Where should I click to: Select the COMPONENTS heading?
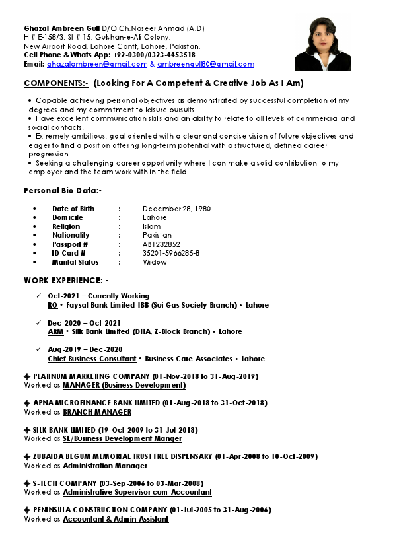[56, 83]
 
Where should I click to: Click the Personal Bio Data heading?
[63, 191]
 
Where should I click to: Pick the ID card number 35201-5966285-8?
[171, 253]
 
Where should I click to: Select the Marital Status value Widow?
[155, 262]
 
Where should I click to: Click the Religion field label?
[66, 226]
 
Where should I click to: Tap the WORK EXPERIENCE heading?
[66, 281]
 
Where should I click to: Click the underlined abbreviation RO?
[52, 306]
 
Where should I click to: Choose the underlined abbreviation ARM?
[55, 332]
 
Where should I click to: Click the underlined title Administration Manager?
[105, 466]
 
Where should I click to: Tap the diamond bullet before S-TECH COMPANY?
[27, 483]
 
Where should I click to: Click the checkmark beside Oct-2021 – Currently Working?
[39, 296]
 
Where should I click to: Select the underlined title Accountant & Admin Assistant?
[116, 519]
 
